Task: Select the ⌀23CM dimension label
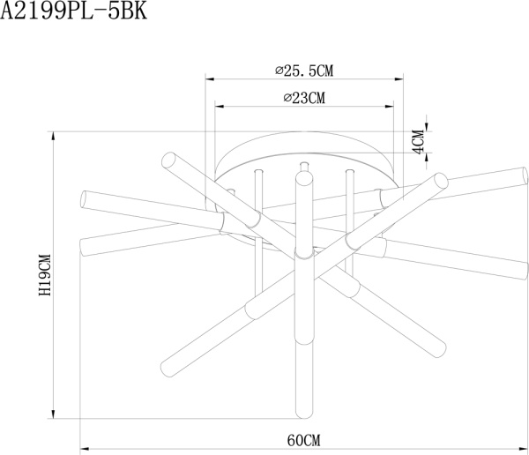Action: coord(304,99)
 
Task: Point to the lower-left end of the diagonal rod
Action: coord(165,366)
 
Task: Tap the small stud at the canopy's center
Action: coord(304,165)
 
